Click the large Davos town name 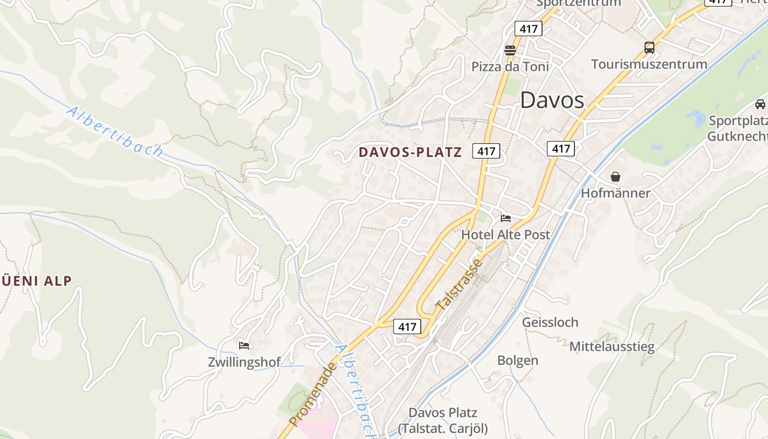(552, 100)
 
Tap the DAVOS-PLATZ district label (410, 152)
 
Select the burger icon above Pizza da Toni (510, 50)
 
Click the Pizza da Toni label (510, 67)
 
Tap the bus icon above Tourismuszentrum (650, 48)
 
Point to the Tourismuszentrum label (649, 64)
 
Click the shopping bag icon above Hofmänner (615, 177)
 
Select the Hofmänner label (615, 193)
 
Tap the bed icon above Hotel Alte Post (506, 218)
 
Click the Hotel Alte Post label (505, 235)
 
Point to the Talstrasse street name (459, 284)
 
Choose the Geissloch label (550, 322)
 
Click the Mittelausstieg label (612, 347)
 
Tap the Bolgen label (517, 361)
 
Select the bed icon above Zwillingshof (244, 346)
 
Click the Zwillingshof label (244, 362)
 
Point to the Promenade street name (312, 394)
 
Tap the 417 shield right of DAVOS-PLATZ (486, 151)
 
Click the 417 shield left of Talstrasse (407, 327)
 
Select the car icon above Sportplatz (760, 104)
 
